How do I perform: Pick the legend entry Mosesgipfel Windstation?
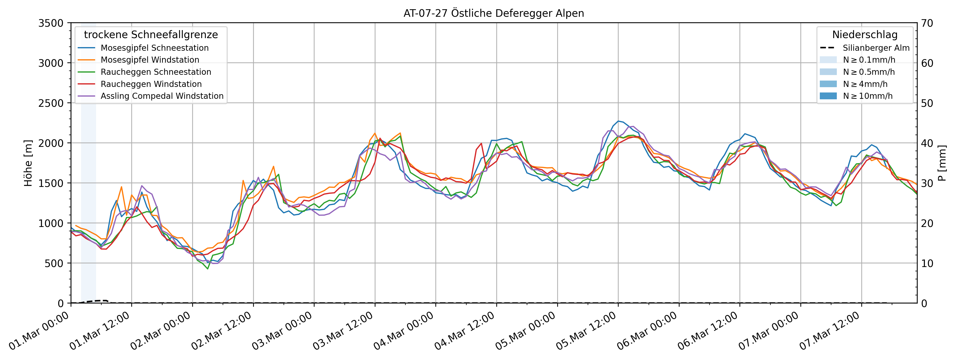click(150, 60)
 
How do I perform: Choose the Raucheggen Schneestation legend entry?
click(156, 72)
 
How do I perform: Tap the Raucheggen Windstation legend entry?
click(151, 84)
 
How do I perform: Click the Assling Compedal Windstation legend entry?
click(162, 96)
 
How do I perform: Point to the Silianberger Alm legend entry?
click(876, 48)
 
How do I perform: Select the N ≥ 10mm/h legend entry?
click(867, 96)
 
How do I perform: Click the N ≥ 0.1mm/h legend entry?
click(869, 60)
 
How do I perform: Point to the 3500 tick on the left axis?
click(51, 23)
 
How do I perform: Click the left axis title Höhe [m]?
click(28, 163)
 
